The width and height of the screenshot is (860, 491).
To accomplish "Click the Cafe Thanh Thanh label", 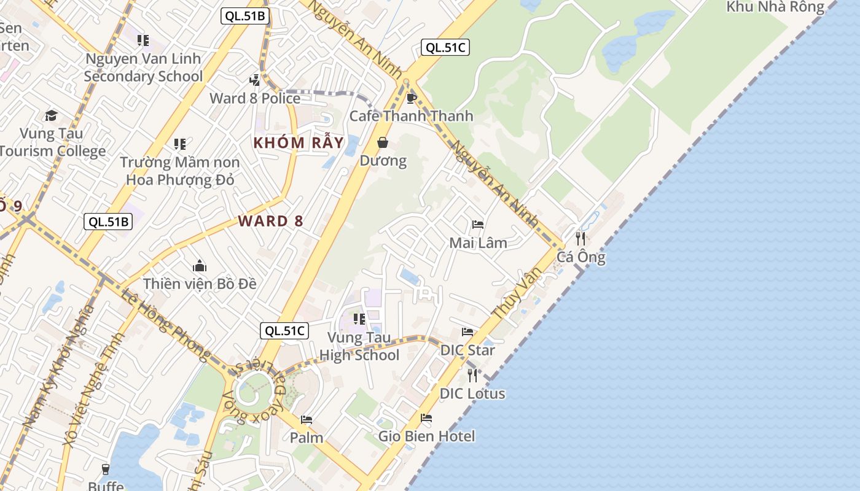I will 411,115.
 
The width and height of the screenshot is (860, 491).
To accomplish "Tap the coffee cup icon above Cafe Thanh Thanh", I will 411,98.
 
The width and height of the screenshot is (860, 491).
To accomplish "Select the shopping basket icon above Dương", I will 383,143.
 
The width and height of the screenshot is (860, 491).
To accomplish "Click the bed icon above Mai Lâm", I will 478,225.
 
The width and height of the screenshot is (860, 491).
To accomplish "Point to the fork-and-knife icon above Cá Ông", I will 580,238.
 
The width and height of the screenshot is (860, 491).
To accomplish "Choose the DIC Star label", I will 467,350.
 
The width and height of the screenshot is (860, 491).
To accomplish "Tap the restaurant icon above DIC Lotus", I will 472,375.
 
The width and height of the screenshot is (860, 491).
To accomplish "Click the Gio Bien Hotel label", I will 426,436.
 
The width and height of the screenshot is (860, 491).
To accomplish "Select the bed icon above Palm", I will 306,420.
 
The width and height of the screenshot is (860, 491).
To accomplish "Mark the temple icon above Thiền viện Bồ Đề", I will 200,266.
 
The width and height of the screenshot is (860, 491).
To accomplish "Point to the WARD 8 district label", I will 270,221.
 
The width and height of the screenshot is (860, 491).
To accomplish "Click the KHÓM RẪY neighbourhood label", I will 299,142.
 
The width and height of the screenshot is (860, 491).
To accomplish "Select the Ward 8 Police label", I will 255,98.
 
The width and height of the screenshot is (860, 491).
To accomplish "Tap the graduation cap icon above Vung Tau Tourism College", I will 51,115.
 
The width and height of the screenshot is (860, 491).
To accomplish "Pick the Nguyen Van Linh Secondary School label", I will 143,68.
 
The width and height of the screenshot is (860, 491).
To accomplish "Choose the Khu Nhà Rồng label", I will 775,7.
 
